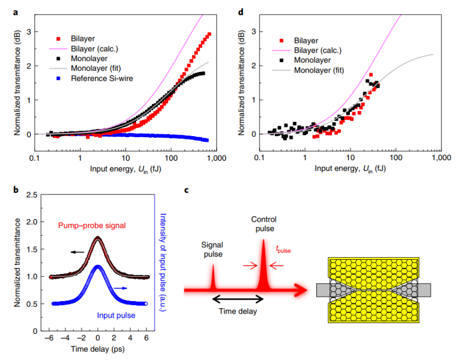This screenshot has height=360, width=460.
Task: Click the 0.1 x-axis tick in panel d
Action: tap(257, 157)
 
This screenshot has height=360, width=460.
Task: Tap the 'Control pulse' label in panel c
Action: tap(264, 224)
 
